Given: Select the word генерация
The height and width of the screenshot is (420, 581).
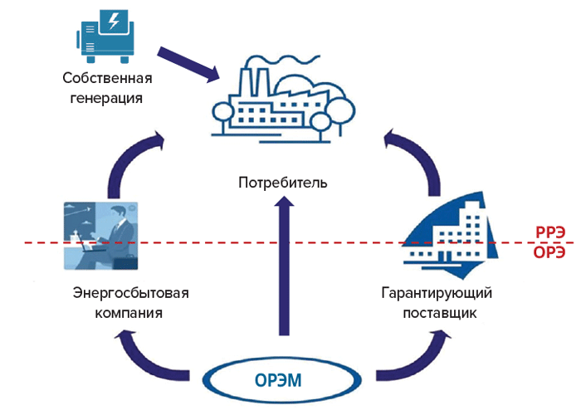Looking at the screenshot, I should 108,98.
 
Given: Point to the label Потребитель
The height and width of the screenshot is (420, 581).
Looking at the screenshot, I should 283,182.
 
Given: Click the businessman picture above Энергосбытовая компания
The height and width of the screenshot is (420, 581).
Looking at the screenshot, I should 100,236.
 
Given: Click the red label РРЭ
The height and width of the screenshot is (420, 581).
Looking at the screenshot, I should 549,233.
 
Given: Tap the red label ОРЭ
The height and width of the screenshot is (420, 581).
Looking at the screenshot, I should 549,252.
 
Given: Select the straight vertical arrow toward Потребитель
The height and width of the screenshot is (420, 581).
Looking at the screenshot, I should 283,266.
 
